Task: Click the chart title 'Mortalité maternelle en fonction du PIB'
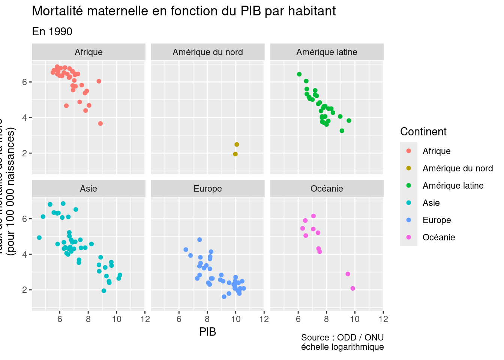tap(184, 11)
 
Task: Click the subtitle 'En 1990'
tap(52, 31)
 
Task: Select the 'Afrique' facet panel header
tap(88, 52)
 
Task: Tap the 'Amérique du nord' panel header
tap(208, 52)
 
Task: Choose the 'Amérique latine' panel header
tap(327, 52)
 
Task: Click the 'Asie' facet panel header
tap(88, 189)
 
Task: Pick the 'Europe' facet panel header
tap(208, 189)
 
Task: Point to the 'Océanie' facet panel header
tap(327, 189)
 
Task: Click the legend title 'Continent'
tap(423, 132)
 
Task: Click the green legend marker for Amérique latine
tap(409, 186)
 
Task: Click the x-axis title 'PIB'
tap(208, 332)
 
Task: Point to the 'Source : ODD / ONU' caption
tap(342, 337)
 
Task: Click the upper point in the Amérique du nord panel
tap(237, 144)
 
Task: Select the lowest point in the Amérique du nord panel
tap(235, 154)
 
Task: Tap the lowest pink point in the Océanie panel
tap(352, 288)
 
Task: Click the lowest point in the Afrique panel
tap(100, 123)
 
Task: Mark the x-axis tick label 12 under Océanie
tap(383, 319)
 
